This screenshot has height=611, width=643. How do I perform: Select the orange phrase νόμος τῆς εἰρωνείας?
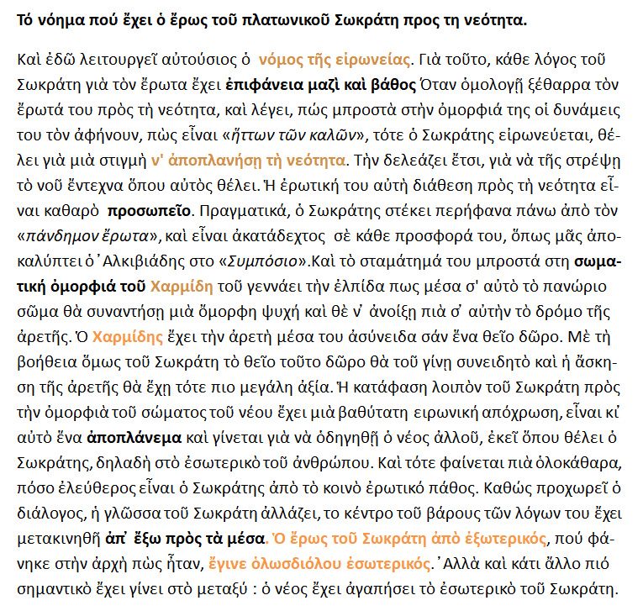click(335, 61)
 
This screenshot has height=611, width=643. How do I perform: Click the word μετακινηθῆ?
click(55, 537)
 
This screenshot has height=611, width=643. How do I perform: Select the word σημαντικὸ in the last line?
click(55, 586)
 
